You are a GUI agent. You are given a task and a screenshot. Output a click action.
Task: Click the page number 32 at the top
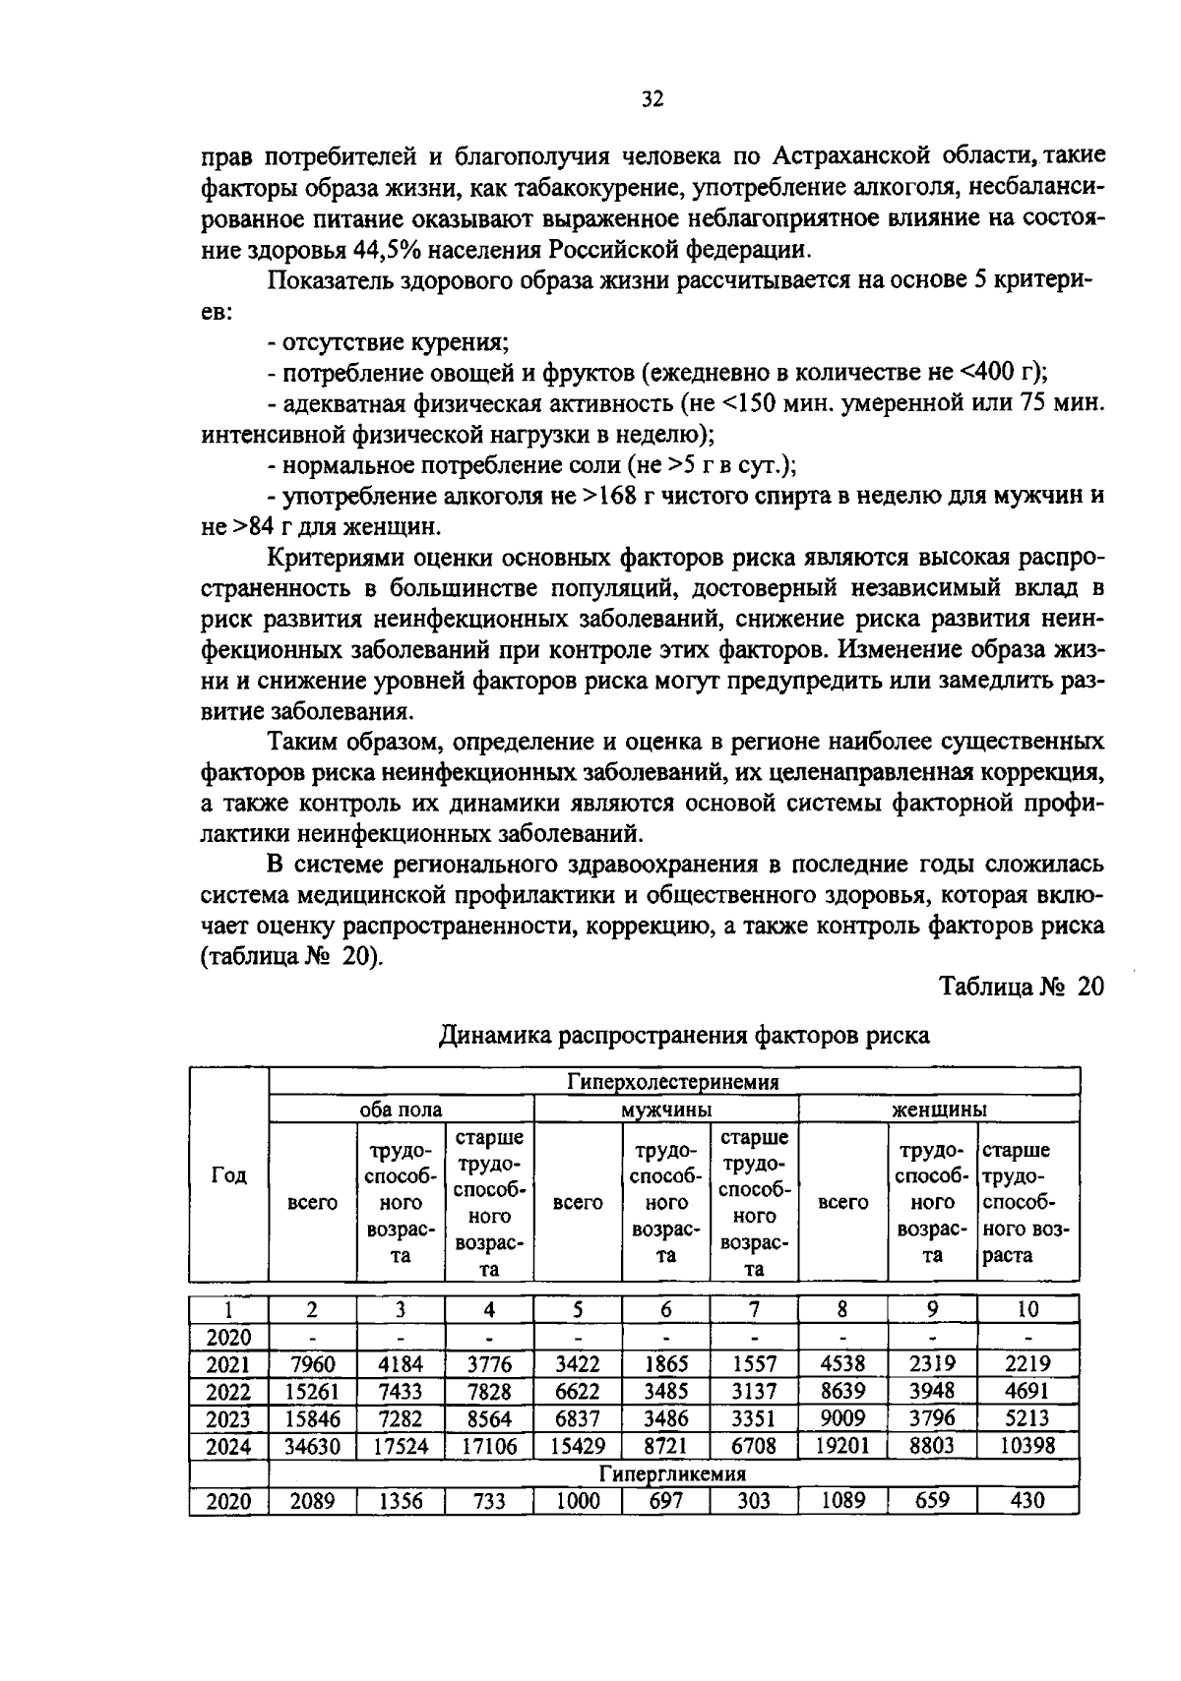click(x=652, y=98)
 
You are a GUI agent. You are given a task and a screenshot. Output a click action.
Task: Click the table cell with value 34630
click(x=312, y=1446)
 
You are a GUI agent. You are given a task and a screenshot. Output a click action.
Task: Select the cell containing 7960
click(x=312, y=1364)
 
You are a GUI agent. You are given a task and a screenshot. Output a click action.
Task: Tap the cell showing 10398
click(x=1027, y=1446)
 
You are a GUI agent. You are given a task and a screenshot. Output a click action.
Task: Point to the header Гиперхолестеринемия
click(x=673, y=1082)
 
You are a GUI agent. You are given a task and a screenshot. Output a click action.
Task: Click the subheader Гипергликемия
click(x=673, y=1473)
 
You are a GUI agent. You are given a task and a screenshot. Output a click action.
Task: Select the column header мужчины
click(x=665, y=1110)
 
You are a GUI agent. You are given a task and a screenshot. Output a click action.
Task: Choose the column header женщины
click(x=939, y=1110)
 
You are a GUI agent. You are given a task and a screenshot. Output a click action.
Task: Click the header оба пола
click(x=400, y=1110)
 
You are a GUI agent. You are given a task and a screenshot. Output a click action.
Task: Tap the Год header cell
click(x=228, y=1175)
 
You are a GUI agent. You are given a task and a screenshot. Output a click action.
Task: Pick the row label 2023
click(x=228, y=1418)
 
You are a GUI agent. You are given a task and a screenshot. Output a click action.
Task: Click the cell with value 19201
click(x=842, y=1446)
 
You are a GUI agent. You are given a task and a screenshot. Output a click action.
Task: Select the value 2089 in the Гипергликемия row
click(x=312, y=1501)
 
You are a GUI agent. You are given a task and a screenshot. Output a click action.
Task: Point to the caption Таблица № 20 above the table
click(x=1021, y=987)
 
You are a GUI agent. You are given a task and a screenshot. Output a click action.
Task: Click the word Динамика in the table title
click(x=492, y=1035)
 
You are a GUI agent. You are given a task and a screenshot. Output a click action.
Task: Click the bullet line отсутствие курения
click(x=389, y=342)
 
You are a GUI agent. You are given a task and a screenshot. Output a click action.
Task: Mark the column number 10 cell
click(x=1027, y=1309)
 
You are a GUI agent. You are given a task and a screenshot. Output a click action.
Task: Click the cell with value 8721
click(x=665, y=1446)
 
